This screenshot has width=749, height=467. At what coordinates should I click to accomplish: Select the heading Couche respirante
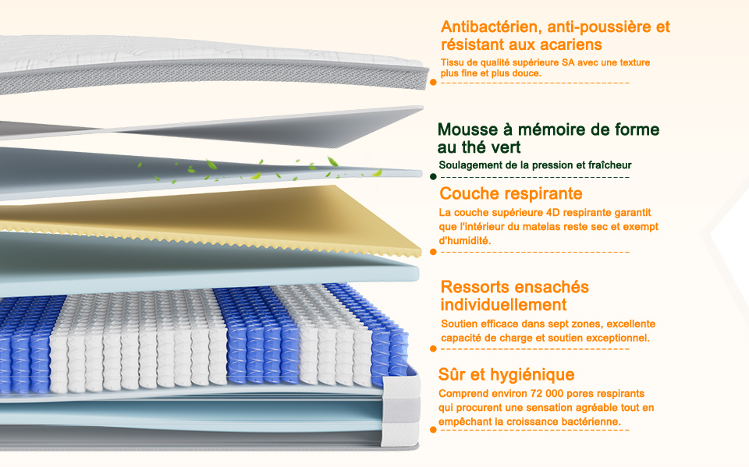point(510,193)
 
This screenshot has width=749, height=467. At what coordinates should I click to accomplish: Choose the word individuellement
point(503,305)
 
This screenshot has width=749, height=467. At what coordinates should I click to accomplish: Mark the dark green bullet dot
point(433,177)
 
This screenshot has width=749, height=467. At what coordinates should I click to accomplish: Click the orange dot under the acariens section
point(433,81)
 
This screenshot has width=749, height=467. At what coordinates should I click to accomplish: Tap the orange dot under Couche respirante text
point(433,252)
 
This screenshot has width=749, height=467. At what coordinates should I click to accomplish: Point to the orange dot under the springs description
point(433,349)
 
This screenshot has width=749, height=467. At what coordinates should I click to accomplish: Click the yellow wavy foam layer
point(234,214)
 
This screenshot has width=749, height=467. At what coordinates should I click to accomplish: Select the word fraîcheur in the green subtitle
point(609,165)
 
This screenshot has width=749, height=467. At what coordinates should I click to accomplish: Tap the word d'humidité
point(466,241)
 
